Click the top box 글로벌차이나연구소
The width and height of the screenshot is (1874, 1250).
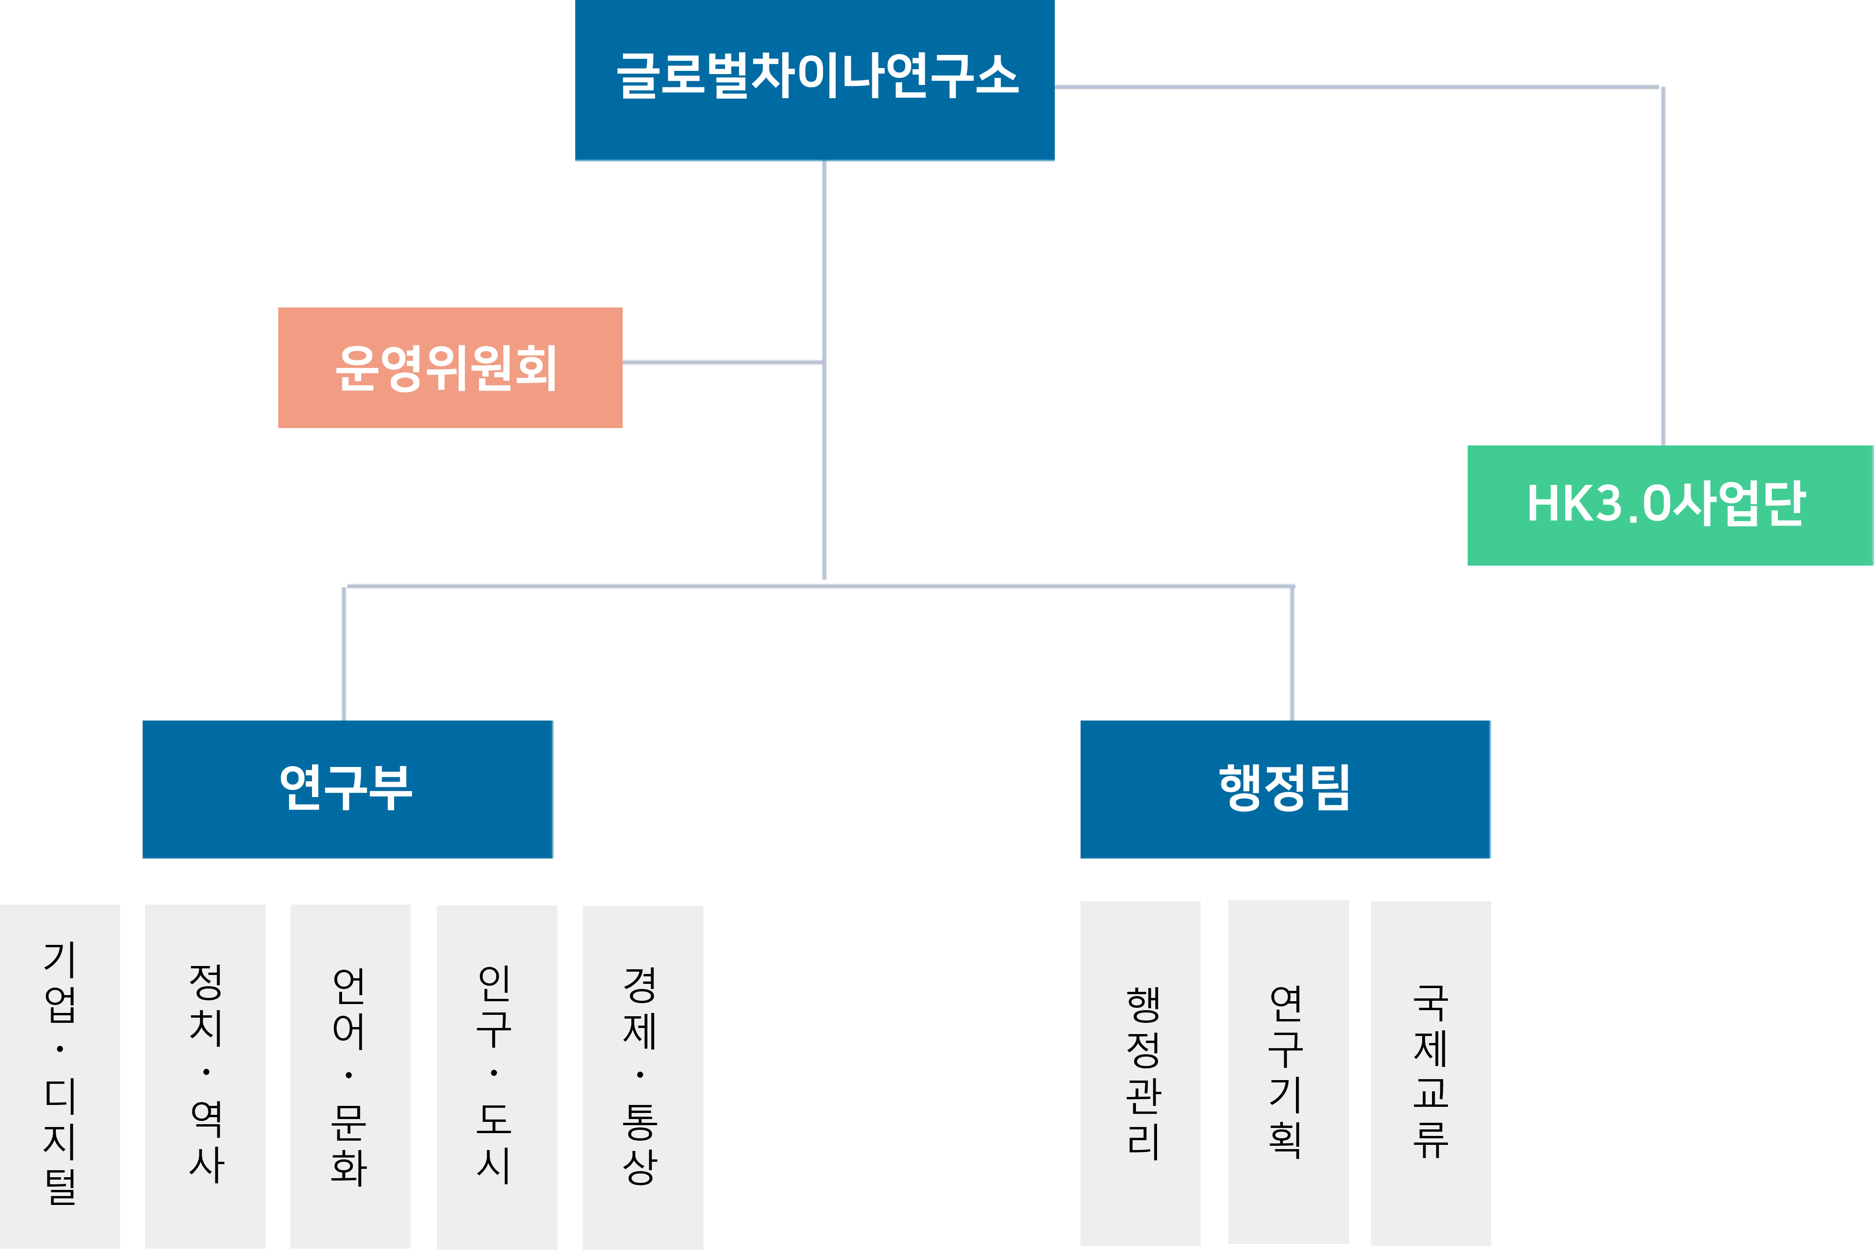(x=814, y=80)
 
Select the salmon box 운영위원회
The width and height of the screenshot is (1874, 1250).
(x=449, y=368)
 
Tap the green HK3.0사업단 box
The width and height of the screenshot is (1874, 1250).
(x=1670, y=506)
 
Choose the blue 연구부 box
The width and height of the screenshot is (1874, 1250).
(x=347, y=789)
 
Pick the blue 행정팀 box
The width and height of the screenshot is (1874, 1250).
(x=1285, y=789)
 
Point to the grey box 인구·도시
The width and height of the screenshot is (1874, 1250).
(x=496, y=1076)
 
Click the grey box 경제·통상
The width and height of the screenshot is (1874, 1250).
(x=642, y=1077)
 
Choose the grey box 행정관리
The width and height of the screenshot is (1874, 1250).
(x=1140, y=1072)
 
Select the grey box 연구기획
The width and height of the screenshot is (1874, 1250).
(x=1287, y=1072)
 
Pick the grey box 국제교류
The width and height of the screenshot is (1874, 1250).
(x=1430, y=1072)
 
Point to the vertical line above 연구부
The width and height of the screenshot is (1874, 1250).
(x=344, y=654)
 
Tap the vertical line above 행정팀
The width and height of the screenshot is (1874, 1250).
(x=1292, y=654)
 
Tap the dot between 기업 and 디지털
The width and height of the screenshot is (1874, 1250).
(x=60, y=1049)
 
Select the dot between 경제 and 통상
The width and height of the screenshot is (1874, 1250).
(x=640, y=1074)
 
